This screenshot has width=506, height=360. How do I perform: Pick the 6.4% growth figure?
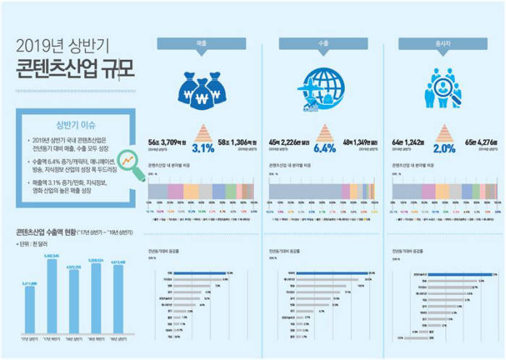[325, 150]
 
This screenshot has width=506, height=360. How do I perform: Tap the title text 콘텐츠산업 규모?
[68, 71]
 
